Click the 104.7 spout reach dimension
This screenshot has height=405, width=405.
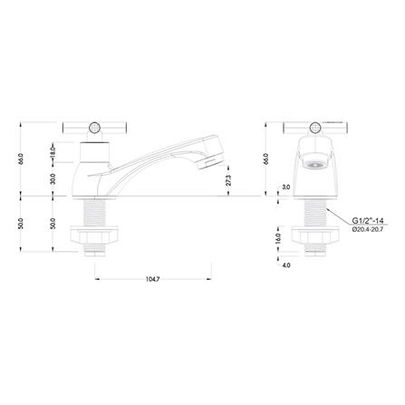click(152, 280)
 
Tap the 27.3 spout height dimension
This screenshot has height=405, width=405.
click(228, 180)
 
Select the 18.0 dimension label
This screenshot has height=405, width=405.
click(53, 151)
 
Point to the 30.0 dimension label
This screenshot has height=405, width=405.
click(53, 179)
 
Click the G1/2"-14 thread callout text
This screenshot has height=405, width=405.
click(366, 220)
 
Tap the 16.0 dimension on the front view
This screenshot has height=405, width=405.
click(279, 238)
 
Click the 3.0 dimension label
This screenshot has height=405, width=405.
click(285, 188)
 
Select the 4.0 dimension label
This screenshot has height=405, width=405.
click(286, 265)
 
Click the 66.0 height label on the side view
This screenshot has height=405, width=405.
click(21, 159)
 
